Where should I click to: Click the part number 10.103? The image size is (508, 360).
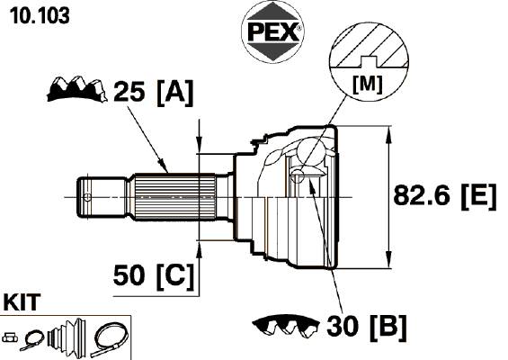tap(40, 15)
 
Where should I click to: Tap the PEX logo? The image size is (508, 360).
tap(272, 31)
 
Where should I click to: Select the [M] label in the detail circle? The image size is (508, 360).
tap(368, 84)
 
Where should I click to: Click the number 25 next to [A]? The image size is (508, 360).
tap(129, 91)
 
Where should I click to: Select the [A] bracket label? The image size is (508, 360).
tap(175, 93)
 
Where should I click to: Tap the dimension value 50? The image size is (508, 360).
tap(129, 275)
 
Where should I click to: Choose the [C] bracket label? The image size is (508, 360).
tap(175, 276)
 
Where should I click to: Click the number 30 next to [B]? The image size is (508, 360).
tap(343, 326)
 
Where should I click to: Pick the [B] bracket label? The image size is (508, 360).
tap(388, 327)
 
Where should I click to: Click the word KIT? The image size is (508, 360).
tap(22, 302)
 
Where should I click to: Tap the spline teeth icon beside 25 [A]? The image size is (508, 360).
tap(76, 89)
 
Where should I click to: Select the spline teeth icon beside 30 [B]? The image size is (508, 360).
tap(286, 326)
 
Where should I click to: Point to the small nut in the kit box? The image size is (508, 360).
tap(10, 337)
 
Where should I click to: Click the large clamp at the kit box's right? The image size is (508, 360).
tap(110, 339)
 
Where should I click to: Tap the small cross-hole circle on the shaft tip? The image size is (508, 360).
tap(87, 197)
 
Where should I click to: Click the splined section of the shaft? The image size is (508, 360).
tap(175, 197)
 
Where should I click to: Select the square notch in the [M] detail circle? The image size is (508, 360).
tap(370, 61)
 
